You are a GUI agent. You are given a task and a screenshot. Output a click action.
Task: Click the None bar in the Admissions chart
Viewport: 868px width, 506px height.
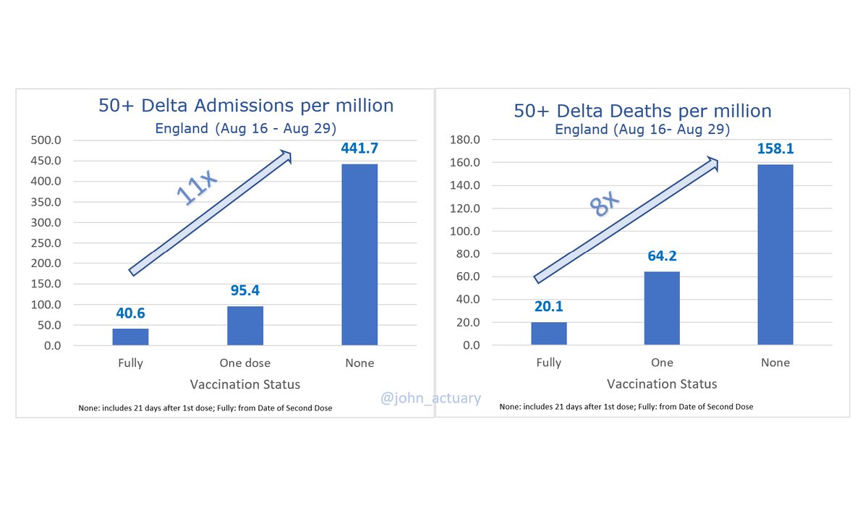pos(359,254)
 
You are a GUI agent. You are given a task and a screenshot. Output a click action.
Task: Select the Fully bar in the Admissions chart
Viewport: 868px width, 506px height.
pos(131,337)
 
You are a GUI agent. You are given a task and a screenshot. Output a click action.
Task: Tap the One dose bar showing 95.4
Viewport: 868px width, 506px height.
pos(245,326)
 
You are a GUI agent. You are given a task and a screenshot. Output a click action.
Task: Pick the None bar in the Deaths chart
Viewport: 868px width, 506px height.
pos(775,255)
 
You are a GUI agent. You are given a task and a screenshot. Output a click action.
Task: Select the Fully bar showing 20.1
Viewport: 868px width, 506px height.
pos(549,334)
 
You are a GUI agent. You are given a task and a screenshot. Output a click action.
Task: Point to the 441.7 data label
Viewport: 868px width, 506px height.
pos(359,148)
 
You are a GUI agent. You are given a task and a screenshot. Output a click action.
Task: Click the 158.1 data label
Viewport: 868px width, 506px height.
pos(775,148)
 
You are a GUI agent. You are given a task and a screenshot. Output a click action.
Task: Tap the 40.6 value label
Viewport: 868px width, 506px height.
pos(131,313)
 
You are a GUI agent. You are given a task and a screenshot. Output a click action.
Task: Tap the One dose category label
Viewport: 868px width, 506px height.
pos(245,363)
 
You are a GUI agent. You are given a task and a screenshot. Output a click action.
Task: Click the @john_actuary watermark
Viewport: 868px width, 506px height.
pos(431,397)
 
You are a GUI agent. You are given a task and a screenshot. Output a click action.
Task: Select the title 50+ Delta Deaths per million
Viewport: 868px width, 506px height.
pos(642,111)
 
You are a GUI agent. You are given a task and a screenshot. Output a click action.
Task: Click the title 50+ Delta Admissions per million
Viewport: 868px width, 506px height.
pos(246,105)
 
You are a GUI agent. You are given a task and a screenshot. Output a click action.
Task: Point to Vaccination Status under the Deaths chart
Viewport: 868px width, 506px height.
pos(662,384)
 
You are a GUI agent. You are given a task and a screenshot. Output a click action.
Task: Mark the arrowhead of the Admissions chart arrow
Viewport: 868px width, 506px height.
pos(286,155)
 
